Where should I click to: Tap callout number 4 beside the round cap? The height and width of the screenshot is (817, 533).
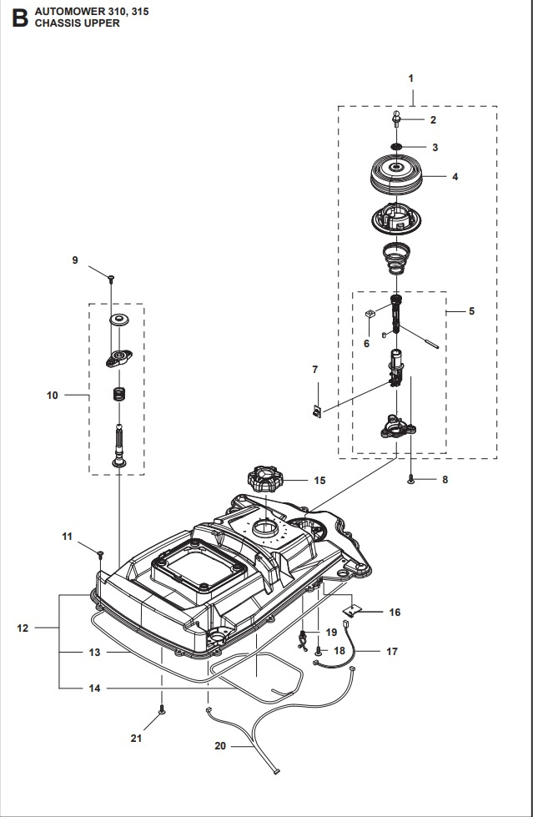(x=455, y=177)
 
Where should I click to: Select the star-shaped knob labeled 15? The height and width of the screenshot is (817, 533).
(x=264, y=482)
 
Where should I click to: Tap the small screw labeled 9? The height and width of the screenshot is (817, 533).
(x=110, y=276)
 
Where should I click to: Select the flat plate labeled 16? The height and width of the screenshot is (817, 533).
(x=359, y=612)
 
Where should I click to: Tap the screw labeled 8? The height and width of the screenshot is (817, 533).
(x=412, y=478)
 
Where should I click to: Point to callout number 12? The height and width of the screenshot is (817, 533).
(x=23, y=628)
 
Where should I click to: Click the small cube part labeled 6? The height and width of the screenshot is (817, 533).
(x=368, y=313)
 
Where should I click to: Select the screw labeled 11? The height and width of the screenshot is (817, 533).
(x=100, y=552)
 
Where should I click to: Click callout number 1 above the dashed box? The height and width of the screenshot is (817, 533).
(x=410, y=78)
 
